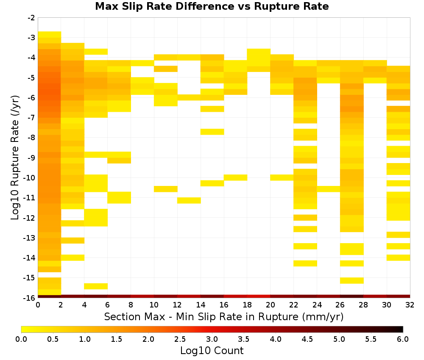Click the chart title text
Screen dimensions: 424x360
212,6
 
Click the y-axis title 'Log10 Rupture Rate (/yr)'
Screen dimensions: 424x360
15,158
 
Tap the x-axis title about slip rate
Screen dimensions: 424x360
223,316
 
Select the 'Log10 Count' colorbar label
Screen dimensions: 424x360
212,351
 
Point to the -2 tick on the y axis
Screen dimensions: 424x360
31,18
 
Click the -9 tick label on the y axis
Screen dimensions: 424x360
31,158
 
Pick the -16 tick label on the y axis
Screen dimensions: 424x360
30,298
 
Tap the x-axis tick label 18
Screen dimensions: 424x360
247,305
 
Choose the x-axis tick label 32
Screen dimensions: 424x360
410,305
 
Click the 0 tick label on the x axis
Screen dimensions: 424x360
38,305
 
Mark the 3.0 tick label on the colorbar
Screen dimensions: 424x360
212,339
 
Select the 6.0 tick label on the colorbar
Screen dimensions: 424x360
403,339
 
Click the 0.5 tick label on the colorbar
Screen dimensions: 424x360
53,339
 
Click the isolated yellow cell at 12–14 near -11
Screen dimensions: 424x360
189,200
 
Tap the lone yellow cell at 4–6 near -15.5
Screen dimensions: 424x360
96,286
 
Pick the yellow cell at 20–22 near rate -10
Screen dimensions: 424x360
282,177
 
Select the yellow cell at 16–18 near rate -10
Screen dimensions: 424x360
235,177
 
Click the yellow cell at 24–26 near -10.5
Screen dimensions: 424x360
329,189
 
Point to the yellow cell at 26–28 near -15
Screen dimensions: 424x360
352,281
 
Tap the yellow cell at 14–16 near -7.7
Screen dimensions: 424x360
212,132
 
